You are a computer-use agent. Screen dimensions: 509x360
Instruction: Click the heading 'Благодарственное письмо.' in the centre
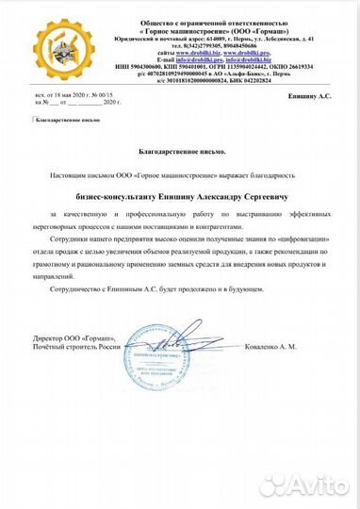click(179, 150)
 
